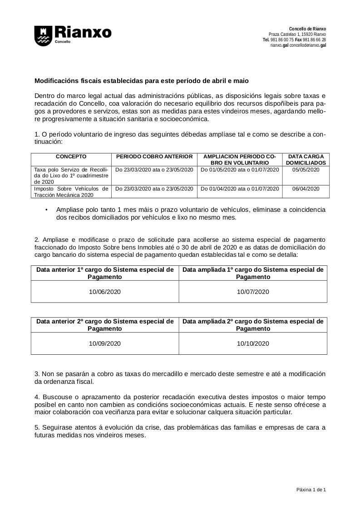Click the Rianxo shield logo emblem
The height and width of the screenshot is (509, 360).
coord(43,35)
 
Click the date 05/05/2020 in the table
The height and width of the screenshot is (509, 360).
coord(306,170)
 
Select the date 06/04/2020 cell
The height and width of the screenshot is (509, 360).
coord(306,189)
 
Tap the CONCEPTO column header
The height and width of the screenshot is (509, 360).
coord(71,157)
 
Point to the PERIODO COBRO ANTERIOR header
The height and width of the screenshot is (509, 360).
coord(155,157)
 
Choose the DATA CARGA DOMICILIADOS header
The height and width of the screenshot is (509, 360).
coord(306,159)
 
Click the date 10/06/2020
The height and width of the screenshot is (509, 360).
coord(105,292)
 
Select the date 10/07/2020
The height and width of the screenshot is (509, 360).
coord(253,292)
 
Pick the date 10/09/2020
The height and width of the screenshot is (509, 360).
coord(105,343)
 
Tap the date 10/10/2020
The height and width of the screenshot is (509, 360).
coord(253,343)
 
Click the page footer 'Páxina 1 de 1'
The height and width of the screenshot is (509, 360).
coord(311,490)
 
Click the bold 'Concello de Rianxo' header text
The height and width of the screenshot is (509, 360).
coord(307,29)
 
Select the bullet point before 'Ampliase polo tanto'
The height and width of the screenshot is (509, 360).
coord(47,210)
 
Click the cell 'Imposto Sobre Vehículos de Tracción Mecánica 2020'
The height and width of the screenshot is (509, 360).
coord(71,192)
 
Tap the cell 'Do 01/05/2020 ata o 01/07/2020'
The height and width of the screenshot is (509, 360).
coord(240,170)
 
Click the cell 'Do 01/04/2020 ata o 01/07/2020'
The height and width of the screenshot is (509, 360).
coord(240,189)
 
